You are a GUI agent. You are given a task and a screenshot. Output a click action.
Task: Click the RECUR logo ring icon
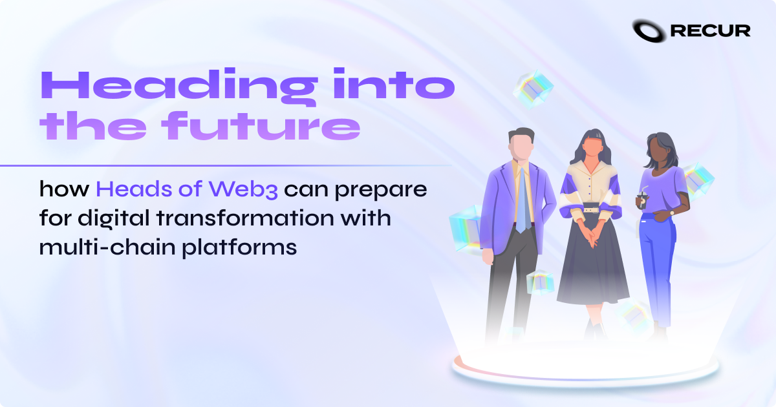[x=649, y=30]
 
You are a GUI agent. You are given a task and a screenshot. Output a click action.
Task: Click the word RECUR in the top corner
[x=710, y=31]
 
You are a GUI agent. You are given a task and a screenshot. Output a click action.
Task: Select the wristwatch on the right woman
[x=673, y=211]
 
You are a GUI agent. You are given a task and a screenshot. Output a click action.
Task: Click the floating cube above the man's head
[x=534, y=88]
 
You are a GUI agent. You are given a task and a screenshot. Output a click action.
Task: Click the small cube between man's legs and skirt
[x=539, y=282]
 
